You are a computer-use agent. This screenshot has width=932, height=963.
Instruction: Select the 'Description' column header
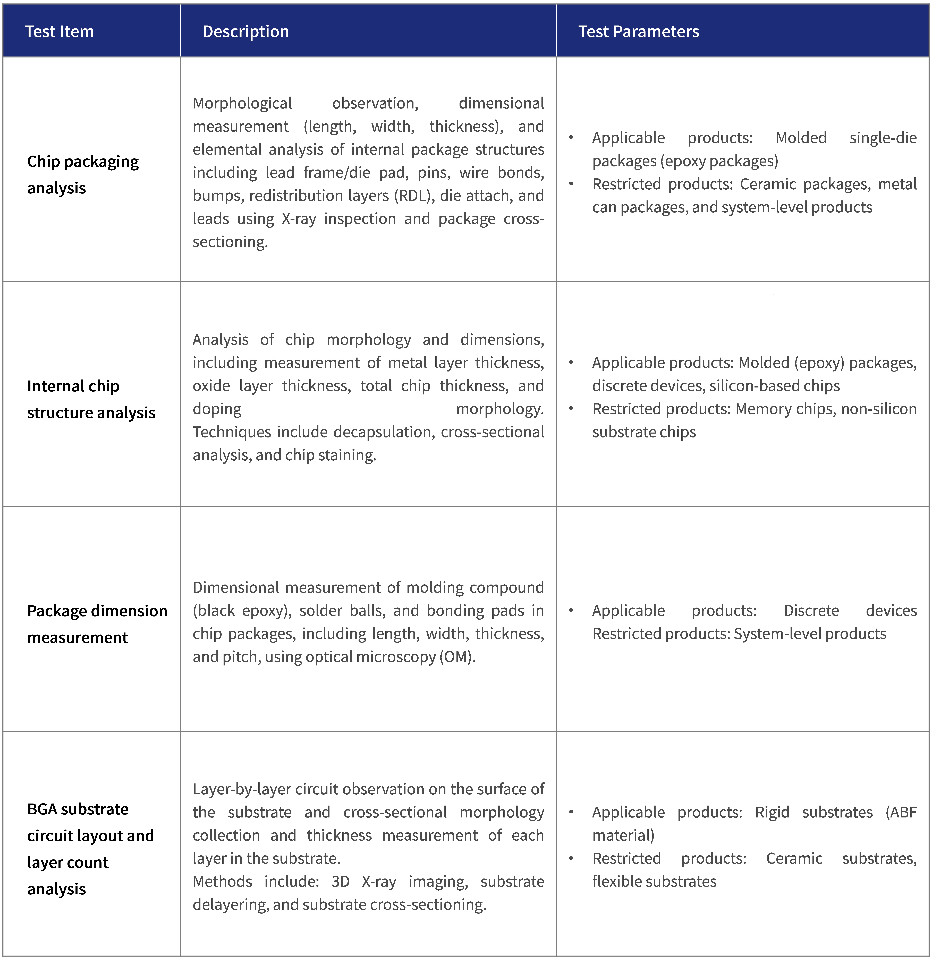click(x=246, y=31)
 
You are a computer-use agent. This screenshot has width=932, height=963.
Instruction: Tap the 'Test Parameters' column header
click(x=638, y=31)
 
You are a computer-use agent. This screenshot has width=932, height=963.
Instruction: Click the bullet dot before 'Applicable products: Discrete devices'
click(x=571, y=610)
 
